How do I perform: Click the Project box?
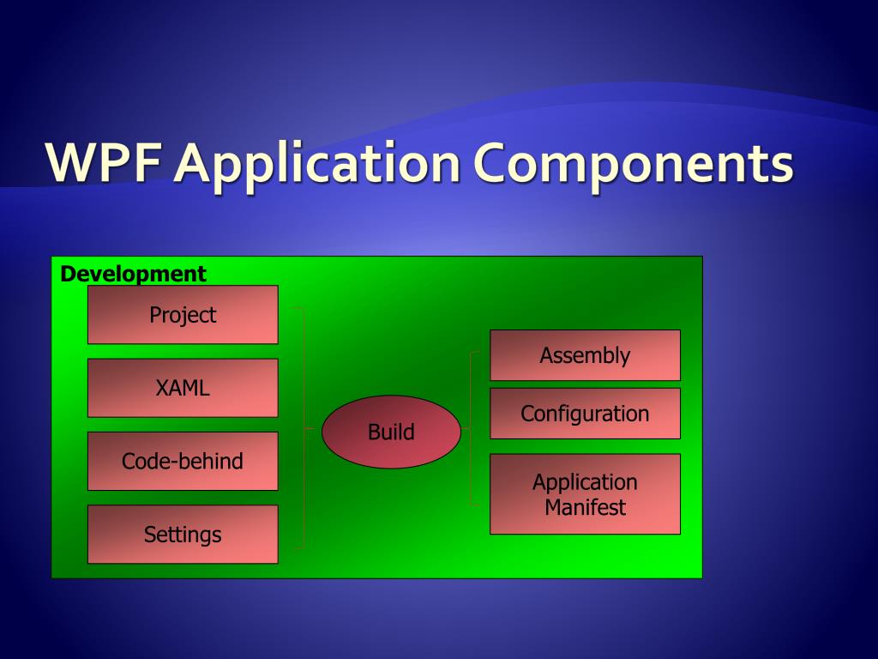tap(183, 314)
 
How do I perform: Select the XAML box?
tap(183, 387)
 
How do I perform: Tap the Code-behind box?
tap(183, 461)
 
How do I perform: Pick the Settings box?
tap(183, 534)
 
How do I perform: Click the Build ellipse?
tap(391, 432)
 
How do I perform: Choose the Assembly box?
tap(585, 354)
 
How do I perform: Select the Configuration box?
tap(585, 413)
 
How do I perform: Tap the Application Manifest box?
tap(585, 493)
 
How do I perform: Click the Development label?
tap(133, 274)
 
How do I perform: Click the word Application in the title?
tap(317, 165)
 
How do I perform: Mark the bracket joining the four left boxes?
tap(303, 426)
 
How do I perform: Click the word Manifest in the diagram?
tap(585, 507)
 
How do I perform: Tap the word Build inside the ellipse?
tap(391, 432)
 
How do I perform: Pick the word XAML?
tap(183, 387)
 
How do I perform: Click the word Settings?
tap(183, 535)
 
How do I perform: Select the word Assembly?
tap(585, 355)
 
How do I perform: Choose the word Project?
tap(183, 315)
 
